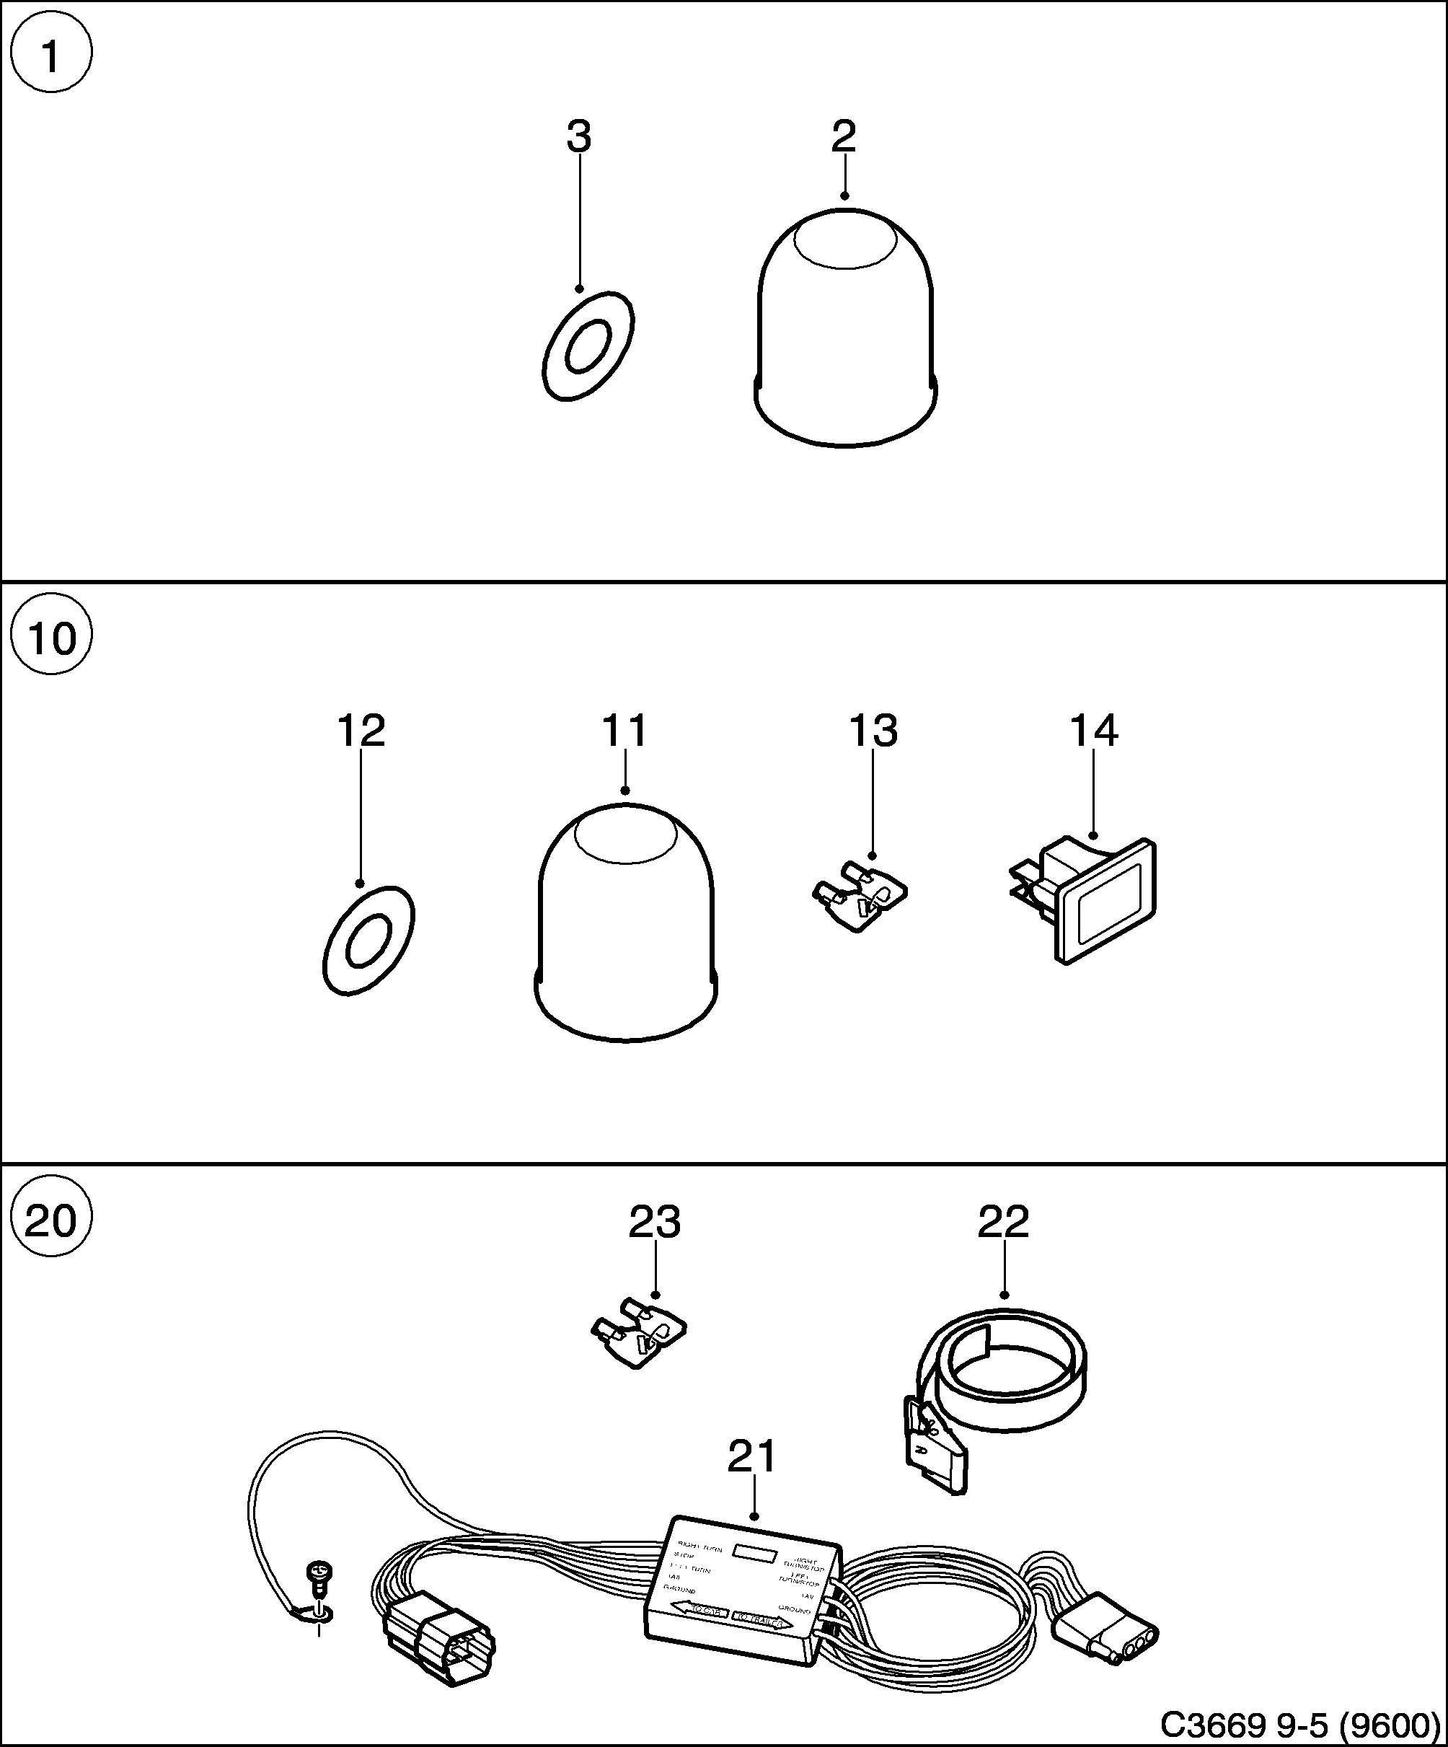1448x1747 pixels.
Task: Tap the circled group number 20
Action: (50, 1220)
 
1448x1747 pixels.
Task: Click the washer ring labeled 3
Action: (587, 346)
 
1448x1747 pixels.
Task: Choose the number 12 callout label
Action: (360, 731)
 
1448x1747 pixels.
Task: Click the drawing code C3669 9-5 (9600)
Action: (1299, 1725)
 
